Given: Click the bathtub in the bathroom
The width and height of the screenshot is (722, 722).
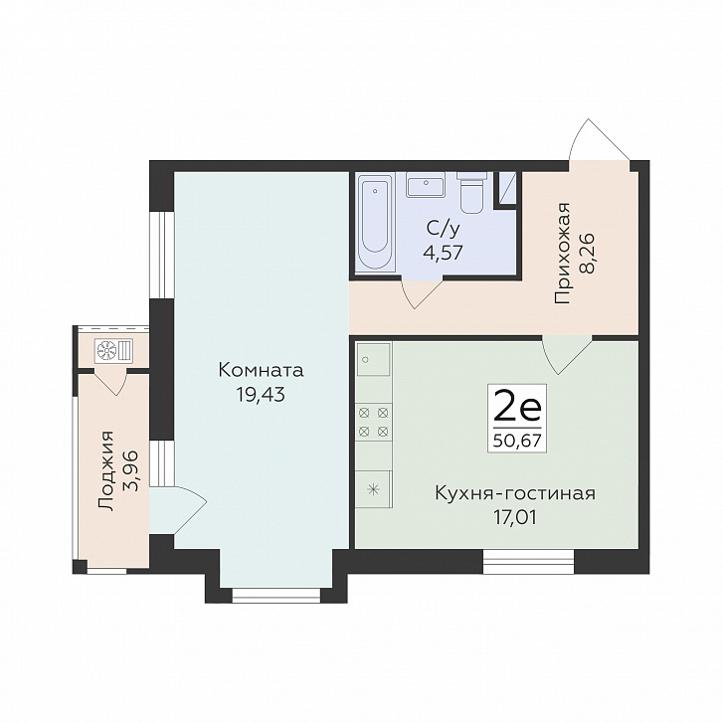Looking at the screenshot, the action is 376,222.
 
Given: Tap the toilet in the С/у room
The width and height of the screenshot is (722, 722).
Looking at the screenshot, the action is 472,193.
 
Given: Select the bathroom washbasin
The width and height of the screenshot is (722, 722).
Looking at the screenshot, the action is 426,185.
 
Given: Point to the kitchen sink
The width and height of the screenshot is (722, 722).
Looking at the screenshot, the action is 374,359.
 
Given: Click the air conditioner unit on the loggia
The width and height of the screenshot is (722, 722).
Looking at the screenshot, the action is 113,350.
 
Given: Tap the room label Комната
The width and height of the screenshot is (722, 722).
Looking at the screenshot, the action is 262,370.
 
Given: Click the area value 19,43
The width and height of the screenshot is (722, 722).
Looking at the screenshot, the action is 261,394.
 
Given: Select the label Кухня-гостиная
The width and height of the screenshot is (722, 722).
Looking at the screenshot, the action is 515,493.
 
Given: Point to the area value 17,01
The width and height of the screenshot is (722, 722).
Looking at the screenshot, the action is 515,518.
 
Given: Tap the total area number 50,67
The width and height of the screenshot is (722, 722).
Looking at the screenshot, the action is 516,442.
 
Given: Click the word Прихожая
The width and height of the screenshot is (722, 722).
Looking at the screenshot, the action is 563,254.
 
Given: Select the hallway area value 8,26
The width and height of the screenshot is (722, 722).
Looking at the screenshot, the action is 588,254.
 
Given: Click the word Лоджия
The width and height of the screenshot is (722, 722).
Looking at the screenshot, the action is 106,470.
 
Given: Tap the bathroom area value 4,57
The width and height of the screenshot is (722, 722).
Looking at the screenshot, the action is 443,253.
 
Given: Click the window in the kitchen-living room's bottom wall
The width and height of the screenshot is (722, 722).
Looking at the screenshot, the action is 529,561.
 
